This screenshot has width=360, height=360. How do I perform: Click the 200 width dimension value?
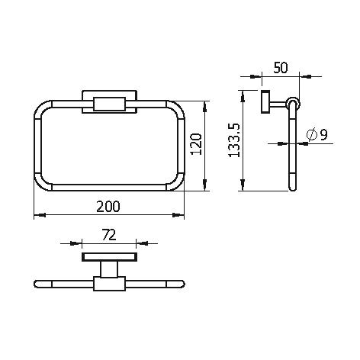[108, 207]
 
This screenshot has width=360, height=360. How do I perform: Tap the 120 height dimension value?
[196, 144]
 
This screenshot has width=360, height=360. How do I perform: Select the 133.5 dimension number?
[234, 140]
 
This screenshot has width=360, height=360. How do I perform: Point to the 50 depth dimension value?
[281, 68]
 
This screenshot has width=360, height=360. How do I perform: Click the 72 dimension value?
[109, 235]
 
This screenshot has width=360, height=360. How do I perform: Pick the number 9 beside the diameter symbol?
[323, 135]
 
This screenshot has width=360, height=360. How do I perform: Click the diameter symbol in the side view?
[312, 134]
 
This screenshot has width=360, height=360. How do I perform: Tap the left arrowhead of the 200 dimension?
[40, 215]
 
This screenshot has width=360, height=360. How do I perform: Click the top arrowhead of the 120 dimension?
[204, 107]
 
